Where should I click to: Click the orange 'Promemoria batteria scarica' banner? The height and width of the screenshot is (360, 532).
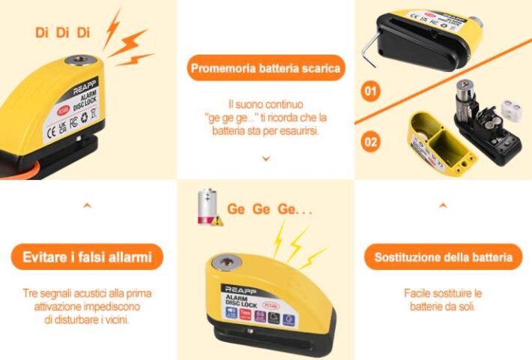coord(266,69)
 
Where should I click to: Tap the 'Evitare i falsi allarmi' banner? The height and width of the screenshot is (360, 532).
coord(87,258)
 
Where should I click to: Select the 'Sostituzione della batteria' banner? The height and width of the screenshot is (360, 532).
coord(443,258)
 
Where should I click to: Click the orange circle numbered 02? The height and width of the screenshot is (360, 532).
coord(370,140)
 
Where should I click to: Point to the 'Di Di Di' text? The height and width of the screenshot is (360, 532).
coord(62,32)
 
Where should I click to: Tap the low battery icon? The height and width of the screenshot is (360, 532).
coord(206,206)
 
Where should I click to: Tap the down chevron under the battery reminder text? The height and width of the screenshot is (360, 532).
coord(266,159)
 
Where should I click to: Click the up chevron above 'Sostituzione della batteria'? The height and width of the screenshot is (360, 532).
coord(443,204)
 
